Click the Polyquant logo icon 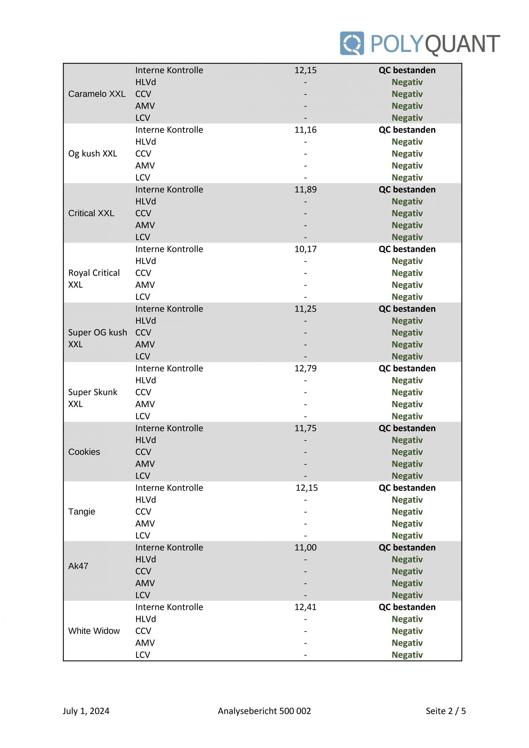point(352,43)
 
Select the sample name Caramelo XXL point(97,94)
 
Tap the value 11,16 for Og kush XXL point(305,130)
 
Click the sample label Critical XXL point(91,213)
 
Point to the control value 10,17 point(305,249)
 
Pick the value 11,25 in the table point(305,309)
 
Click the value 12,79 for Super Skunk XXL point(305,368)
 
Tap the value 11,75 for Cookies point(305,428)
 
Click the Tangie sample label point(82,512)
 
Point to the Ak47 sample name point(78,566)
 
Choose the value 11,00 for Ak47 point(305,547)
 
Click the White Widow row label point(94,631)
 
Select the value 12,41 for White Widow point(305,607)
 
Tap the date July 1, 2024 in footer point(86,711)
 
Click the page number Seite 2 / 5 point(446,711)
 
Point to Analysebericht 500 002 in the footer point(264,711)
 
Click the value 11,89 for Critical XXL point(305,189)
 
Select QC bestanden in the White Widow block point(407,607)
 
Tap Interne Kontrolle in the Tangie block point(169,488)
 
